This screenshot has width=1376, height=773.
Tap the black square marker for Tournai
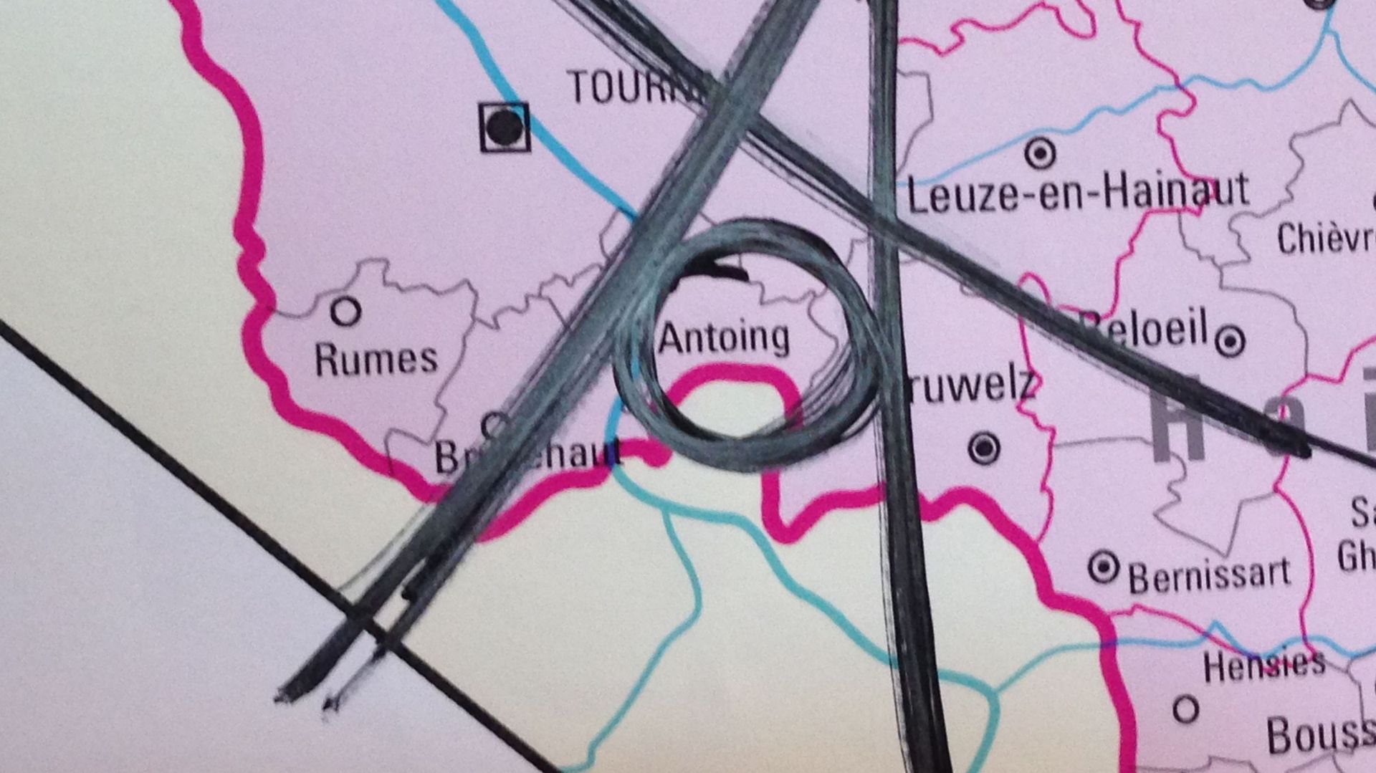[505, 128]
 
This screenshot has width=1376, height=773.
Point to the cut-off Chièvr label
[1326, 238]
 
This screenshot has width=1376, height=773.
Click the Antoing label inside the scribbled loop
[724, 337]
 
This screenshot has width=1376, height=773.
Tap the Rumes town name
[376, 359]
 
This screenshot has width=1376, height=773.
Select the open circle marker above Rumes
[345, 312]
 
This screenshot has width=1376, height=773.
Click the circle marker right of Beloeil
[1231, 340]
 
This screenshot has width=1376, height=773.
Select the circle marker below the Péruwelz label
[984, 448]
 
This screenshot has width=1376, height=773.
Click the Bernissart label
[1209, 575]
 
